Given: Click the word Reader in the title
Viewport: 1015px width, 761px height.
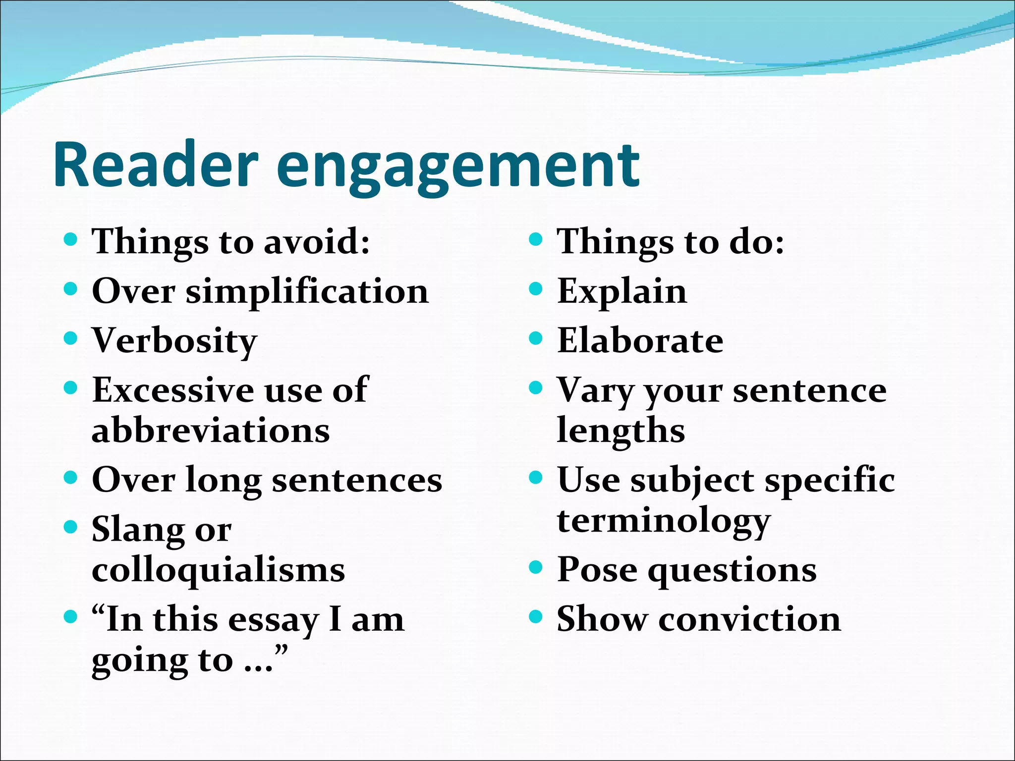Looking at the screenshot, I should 156,164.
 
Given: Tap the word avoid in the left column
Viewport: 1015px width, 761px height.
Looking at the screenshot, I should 317,242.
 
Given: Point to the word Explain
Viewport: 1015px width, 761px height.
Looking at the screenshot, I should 622,292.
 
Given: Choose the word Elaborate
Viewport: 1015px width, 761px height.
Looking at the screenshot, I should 640,341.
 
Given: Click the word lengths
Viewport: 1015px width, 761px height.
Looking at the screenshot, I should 621,431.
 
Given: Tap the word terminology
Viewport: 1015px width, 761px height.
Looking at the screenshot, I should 664,522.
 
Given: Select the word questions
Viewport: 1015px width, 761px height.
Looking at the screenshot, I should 732,571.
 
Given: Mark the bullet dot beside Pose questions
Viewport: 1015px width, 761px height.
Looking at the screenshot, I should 536,567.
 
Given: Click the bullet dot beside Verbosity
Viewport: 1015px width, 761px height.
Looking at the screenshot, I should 71,338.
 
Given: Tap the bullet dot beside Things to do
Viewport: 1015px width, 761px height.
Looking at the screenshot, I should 536,240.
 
